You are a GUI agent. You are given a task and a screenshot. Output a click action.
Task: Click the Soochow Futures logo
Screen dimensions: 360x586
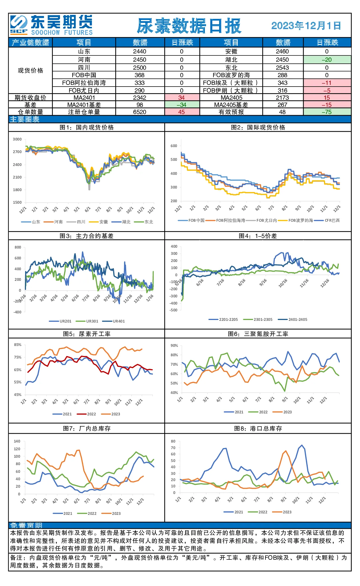[51, 25]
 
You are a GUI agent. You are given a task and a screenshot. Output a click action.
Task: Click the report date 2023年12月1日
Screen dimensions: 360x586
[306, 26]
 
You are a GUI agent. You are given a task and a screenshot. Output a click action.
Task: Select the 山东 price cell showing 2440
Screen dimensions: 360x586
[140, 51]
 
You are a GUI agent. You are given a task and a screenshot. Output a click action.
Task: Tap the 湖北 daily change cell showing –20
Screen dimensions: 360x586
[327, 60]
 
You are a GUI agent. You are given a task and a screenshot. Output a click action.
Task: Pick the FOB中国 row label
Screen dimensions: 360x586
[84, 75]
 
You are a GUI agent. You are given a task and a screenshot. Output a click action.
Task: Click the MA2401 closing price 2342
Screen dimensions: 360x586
[140, 98]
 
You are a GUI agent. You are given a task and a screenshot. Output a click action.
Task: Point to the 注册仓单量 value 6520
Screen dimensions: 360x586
[140, 112]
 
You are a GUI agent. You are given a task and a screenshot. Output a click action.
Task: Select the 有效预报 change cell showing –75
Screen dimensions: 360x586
[327, 112]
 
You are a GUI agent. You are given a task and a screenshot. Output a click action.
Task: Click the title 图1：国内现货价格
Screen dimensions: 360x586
[87, 127]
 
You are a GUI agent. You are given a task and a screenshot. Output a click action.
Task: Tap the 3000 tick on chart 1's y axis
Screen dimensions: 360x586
[17, 139]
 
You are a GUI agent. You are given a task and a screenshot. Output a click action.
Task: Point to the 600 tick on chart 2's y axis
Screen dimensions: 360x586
[174, 146]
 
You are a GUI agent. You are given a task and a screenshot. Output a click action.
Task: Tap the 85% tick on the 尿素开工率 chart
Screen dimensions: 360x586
[18, 345]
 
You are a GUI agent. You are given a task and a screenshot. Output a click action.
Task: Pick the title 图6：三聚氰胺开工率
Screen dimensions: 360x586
[258, 334]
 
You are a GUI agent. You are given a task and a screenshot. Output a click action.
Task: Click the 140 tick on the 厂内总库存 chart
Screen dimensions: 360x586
[17, 441]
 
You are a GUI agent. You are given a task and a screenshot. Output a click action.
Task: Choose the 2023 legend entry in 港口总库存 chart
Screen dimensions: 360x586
[282, 512]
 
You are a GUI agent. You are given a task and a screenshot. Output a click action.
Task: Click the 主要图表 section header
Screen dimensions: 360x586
[25, 119]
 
